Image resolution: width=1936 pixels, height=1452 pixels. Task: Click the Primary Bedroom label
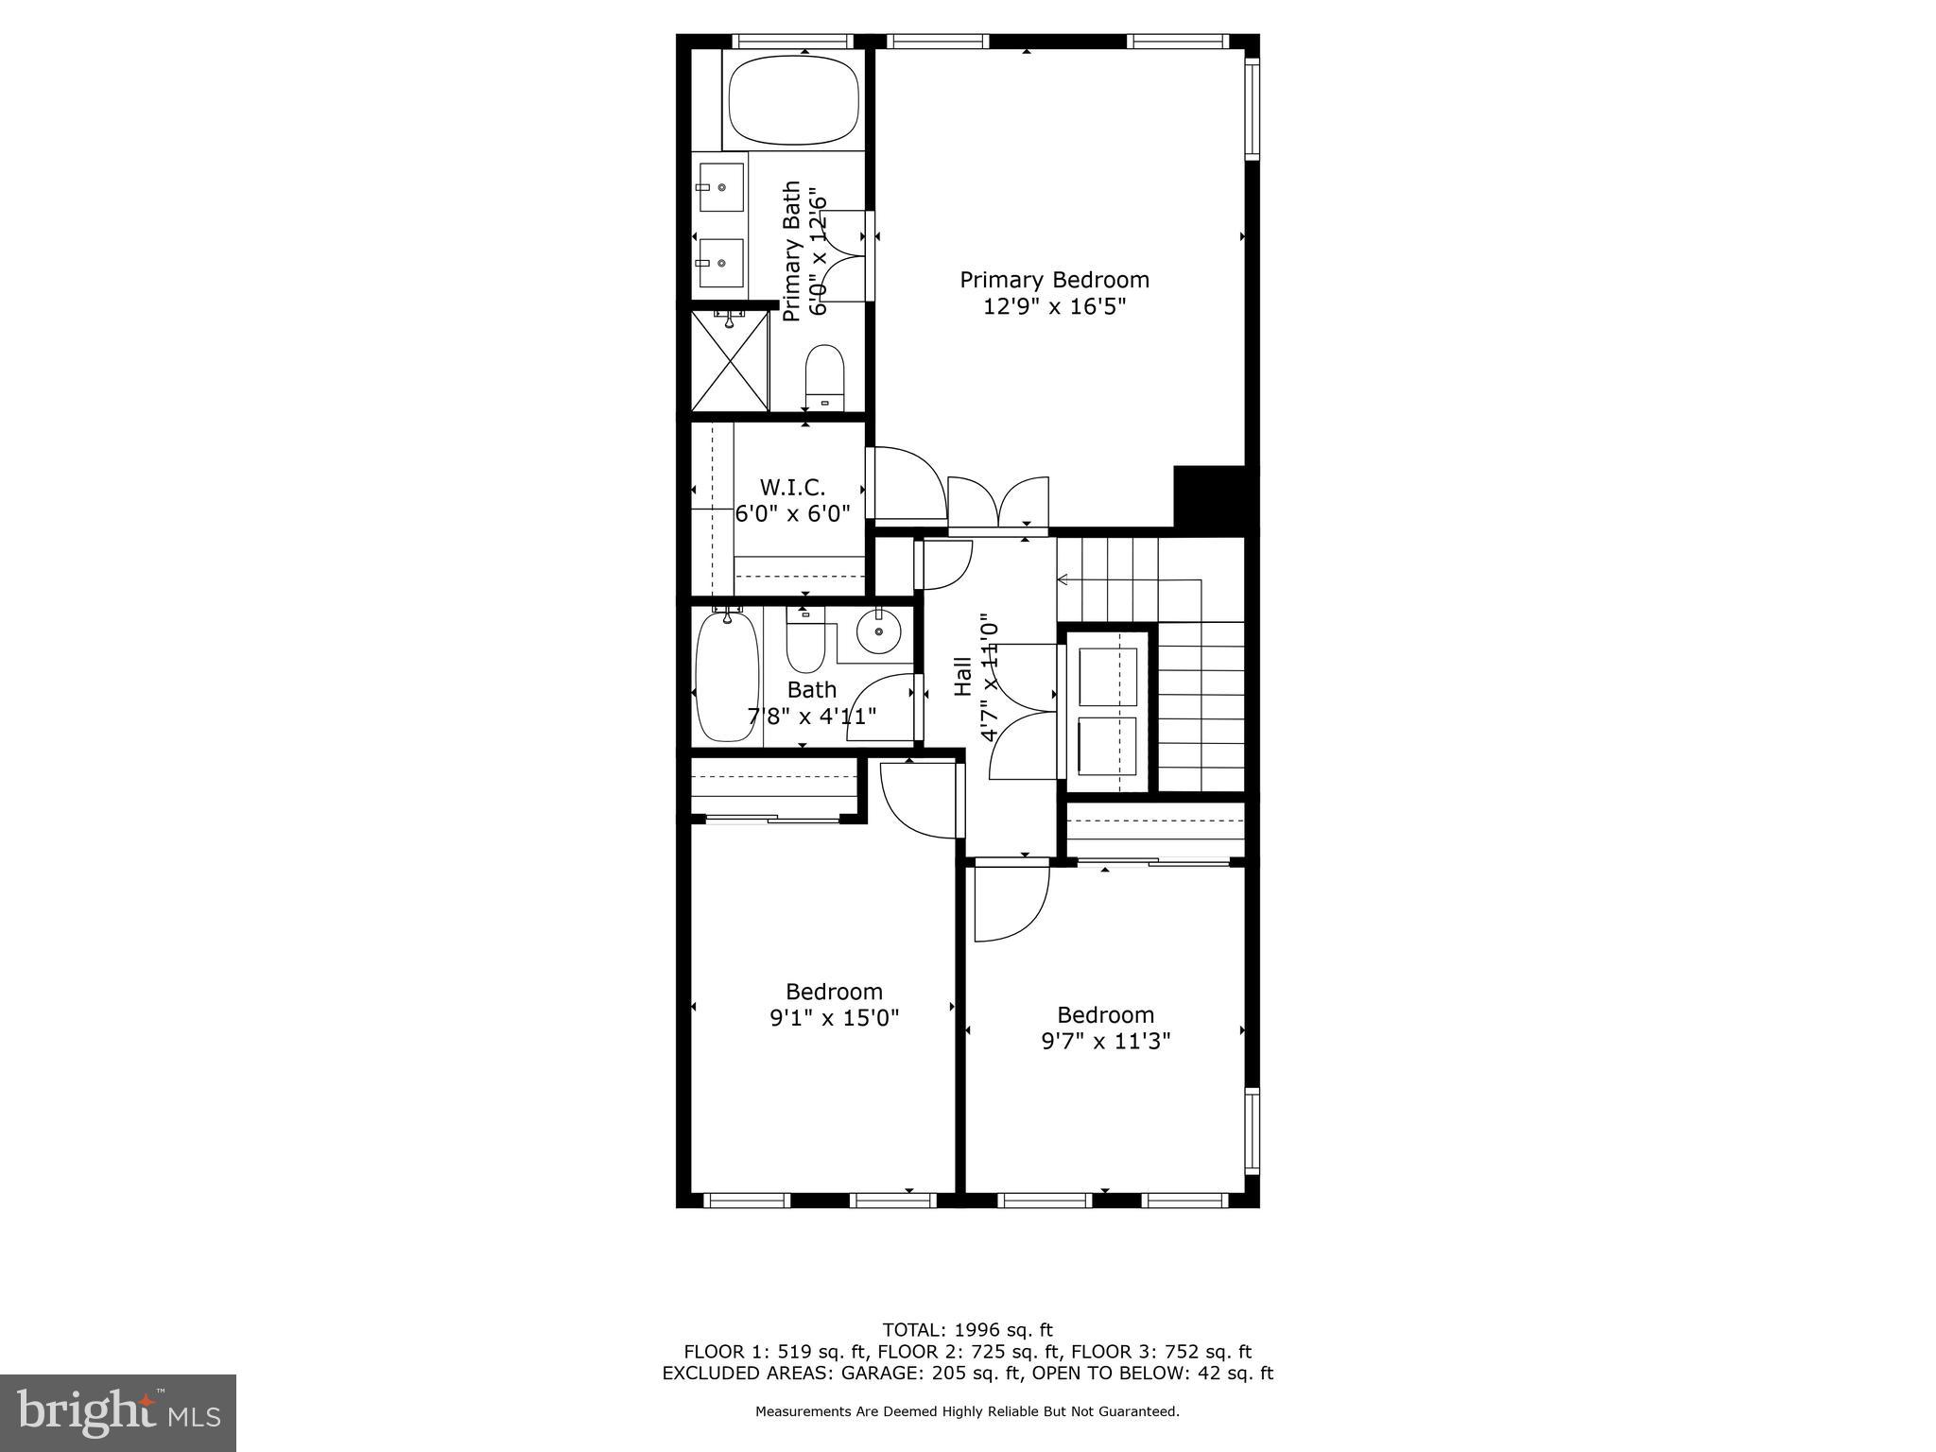[1054, 280]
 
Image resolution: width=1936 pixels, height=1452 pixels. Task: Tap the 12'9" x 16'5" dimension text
[1054, 306]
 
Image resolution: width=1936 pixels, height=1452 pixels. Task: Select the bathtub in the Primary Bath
[793, 99]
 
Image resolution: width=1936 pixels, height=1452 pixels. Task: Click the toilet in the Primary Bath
[823, 375]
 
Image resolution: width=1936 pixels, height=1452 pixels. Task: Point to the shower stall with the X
[730, 361]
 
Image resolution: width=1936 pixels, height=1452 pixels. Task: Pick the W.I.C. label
[792, 488]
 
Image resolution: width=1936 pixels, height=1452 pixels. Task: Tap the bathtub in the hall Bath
[727, 675]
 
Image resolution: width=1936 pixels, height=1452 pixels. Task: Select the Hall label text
[963, 677]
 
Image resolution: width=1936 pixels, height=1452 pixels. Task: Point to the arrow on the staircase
[1063, 579]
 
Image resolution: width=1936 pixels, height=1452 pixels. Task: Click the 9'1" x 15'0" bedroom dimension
[834, 1018]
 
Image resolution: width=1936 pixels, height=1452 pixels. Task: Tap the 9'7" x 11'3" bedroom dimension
[1105, 1041]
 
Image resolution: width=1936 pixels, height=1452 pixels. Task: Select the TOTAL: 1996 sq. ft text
[967, 1330]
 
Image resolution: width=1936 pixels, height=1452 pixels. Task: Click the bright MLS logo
[118, 1413]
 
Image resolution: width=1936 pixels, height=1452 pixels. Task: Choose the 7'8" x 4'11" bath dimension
[812, 716]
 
